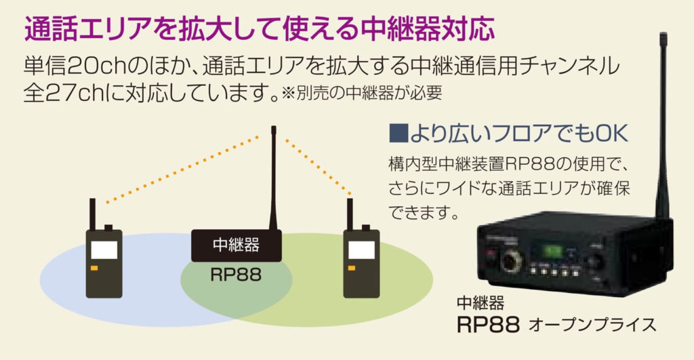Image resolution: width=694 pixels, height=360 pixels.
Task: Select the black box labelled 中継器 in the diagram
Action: [236, 245]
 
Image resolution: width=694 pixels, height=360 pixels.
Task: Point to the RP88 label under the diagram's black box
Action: [235, 275]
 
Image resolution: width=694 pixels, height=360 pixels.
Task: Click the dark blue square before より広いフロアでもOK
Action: [399, 133]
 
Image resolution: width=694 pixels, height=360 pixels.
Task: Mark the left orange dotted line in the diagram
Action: [184, 168]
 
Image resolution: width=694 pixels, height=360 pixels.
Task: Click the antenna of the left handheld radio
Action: [93, 213]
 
